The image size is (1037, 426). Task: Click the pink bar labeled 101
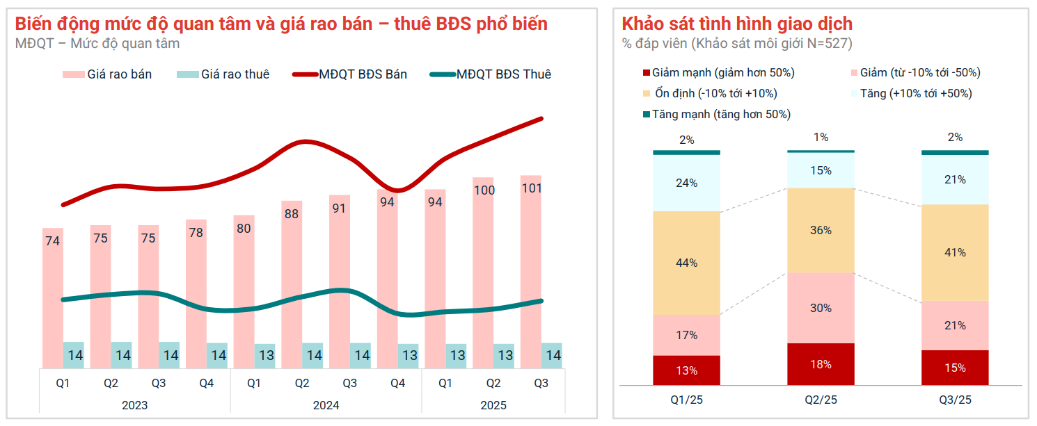point(531,271)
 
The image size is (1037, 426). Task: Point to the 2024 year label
point(326,405)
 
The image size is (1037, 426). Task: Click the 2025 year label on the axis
point(493,405)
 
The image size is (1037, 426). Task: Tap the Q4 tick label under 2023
point(206,383)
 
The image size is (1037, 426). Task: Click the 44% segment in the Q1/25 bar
point(686,263)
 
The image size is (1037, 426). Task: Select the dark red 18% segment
point(821,363)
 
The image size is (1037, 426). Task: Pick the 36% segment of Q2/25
point(821,230)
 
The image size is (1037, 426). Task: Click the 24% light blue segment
point(686,183)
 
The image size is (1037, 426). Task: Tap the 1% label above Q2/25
point(821,138)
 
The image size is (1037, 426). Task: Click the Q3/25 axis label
point(955,400)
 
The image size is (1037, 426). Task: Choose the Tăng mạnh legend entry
point(720,114)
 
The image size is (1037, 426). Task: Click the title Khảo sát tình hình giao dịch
point(737,24)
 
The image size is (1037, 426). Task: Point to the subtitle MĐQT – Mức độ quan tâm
point(97,44)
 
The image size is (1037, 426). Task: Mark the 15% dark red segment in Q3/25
point(955,368)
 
